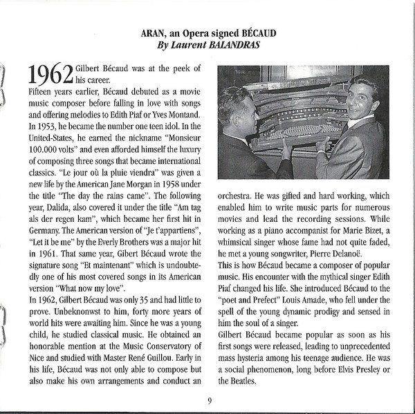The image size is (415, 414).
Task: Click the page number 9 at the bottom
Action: pyautogui.click(x=209, y=400)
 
